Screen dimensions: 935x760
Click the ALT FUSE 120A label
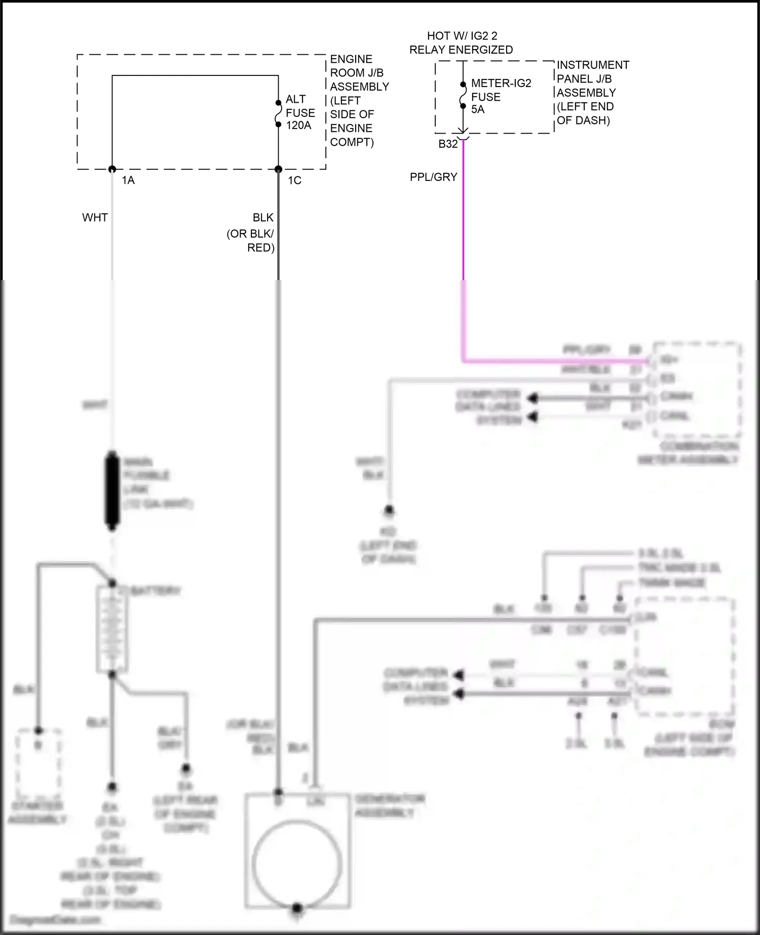click(x=300, y=112)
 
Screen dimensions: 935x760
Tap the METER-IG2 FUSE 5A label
click(x=501, y=96)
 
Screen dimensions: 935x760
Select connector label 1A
click(x=128, y=180)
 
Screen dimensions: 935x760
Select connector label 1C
click(x=294, y=180)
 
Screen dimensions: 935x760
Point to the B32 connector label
click(x=448, y=144)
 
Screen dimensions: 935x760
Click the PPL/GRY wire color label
click(x=433, y=177)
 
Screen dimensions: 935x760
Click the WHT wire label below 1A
click(x=95, y=217)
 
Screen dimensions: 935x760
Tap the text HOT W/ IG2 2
click(x=462, y=36)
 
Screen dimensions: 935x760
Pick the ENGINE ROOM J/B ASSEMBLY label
click(x=359, y=100)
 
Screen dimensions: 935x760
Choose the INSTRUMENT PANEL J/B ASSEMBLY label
click(x=592, y=93)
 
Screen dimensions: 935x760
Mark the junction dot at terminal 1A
click(x=112, y=169)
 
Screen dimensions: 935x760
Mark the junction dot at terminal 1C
click(x=278, y=169)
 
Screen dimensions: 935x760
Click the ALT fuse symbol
click(x=278, y=113)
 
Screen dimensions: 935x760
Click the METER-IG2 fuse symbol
click(x=463, y=95)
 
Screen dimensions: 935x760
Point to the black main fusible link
click(x=111, y=490)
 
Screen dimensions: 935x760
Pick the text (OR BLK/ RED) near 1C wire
click(x=251, y=241)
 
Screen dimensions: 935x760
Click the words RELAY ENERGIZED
click(x=461, y=50)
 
